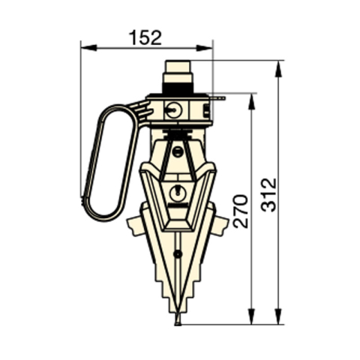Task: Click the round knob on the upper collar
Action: tap(174, 109)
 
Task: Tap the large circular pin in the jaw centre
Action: tap(178, 192)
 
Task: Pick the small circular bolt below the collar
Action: tap(178, 151)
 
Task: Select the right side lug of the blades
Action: tap(220, 224)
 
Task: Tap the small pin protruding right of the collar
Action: tap(218, 97)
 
